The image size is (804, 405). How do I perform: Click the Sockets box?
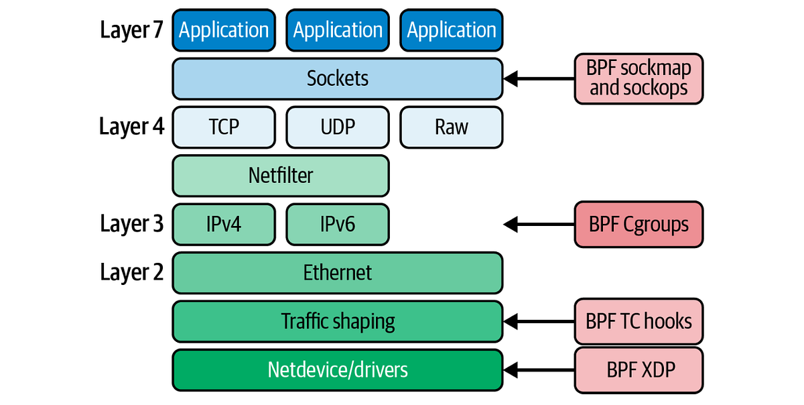(337, 78)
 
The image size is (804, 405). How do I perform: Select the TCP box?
(224, 127)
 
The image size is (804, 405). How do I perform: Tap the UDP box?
(338, 127)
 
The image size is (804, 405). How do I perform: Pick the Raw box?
(451, 127)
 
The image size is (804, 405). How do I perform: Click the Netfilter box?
(281, 176)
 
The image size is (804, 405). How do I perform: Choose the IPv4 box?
(224, 224)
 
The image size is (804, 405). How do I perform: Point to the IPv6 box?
(338, 224)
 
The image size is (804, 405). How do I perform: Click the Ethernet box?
(337, 273)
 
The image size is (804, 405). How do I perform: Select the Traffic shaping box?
(337, 321)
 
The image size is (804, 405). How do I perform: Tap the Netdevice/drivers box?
(337, 369)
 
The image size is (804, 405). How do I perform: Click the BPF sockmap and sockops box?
(639, 78)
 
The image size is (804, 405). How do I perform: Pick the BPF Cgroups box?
(639, 224)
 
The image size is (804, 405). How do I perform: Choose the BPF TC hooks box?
(639, 321)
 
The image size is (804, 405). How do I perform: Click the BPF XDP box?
(639, 369)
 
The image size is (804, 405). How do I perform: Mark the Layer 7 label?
(131, 30)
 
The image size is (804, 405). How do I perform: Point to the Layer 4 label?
(131, 127)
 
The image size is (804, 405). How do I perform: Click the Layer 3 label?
(131, 224)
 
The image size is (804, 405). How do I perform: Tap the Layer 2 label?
(131, 273)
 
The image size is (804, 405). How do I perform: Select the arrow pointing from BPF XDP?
(536, 369)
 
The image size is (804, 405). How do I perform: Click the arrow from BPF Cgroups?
(536, 224)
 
